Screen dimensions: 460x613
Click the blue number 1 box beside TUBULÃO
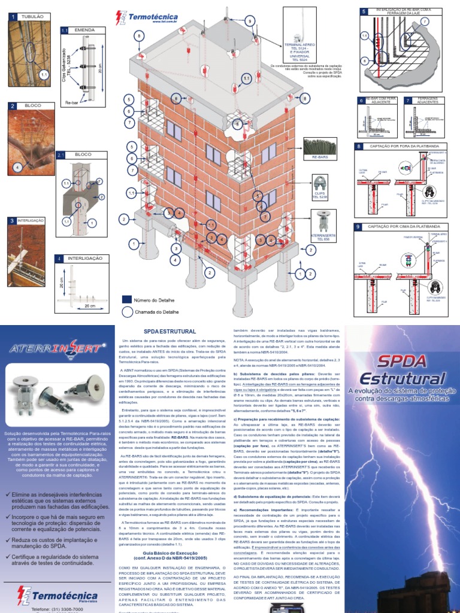pyautogui.click(x=11, y=17)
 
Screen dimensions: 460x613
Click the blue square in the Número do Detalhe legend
pyautogui.click(x=126, y=299)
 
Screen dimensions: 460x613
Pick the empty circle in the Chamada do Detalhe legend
pyautogui.click(x=126, y=312)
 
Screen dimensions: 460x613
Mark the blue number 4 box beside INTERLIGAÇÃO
pyautogui.click(x=59, y=259)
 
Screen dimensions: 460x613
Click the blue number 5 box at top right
pyautogui.click(x=364, y=11)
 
